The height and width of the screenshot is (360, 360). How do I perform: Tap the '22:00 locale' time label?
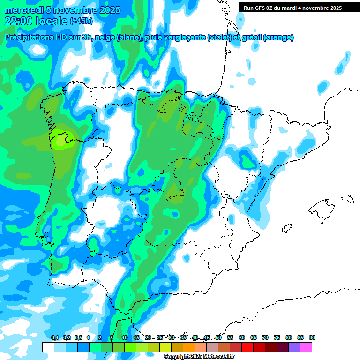coord(36,21)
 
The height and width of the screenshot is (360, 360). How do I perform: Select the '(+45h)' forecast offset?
coord(81,21)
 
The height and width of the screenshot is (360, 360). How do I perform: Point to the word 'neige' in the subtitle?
coord(105,37)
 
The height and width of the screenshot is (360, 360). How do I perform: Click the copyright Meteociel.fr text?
coord(199,357)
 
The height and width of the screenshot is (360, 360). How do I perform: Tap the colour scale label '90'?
coord(312,337)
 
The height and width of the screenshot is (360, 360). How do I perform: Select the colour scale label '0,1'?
coord(54,337)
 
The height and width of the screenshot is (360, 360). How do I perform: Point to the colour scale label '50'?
coord(218,337)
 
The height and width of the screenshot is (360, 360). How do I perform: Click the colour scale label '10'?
coord(125,337)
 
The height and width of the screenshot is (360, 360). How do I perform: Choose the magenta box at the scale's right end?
coord(306,347)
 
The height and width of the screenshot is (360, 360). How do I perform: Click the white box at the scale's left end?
coord(48,347)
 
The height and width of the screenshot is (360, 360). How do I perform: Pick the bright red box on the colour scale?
coord(247,347)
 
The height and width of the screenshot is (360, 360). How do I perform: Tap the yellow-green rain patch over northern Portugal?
coord(62,141)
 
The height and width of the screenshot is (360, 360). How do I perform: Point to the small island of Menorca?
coord(347,199)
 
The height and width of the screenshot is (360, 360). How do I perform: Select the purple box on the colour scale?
coord(294,347)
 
